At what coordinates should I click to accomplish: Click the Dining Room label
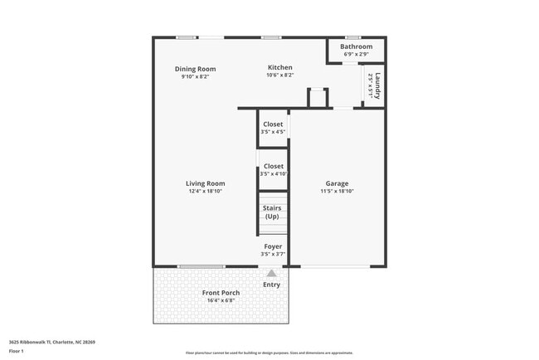tap(195, 69)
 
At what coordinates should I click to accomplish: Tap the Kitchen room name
tap(279, 67)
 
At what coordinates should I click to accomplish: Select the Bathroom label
tap(356, 46)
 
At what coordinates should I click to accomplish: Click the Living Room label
tap(205, 183)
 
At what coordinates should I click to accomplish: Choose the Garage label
tap(337, 183)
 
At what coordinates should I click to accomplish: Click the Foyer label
tap(273, 246)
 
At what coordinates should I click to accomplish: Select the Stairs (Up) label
tap(272, 212)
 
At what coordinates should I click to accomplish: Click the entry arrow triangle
tap(271, 272)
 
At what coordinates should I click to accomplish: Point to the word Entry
tap(271, 285)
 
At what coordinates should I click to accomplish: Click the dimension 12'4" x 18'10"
tap(205, 192)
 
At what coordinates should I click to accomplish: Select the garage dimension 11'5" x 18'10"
tap(337, 192)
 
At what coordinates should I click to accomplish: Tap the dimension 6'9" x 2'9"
tap(356, 55)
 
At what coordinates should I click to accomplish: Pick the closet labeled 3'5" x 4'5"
tap(273, 129)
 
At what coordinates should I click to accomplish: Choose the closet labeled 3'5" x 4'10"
tap(273, 170)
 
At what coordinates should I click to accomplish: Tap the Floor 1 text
tap(17, 351)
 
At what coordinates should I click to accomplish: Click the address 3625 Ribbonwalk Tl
tap(33, 342)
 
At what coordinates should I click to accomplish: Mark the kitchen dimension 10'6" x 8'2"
tap(279, 75)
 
